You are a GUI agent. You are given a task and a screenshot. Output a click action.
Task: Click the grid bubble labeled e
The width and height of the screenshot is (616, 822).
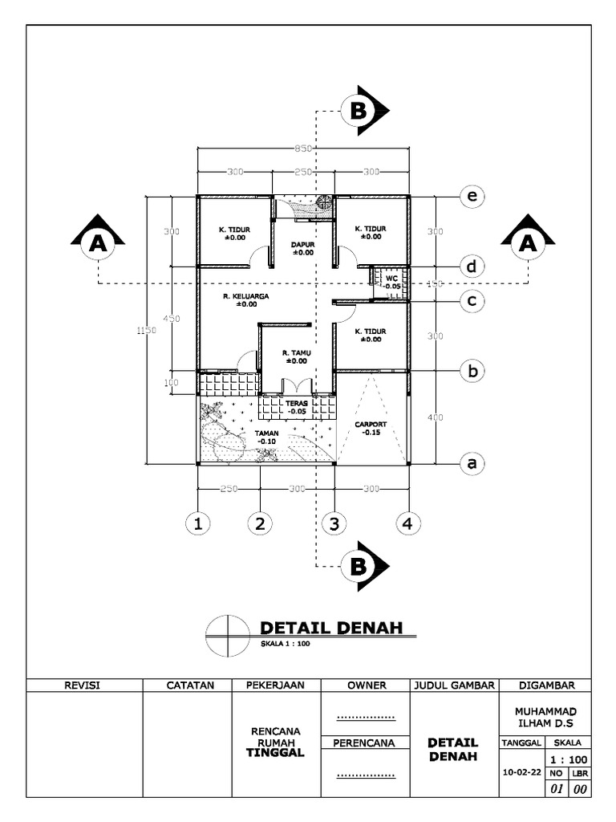click(473, 196)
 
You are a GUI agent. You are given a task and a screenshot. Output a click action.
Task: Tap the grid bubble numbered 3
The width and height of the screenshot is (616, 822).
click(334, 524)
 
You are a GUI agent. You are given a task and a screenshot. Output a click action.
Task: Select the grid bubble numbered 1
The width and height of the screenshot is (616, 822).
click(197, 524)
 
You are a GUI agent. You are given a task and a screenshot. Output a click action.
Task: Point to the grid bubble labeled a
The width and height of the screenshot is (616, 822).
click(473, 463)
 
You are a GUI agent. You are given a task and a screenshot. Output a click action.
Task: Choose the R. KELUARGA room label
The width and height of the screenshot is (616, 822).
click(246, 295)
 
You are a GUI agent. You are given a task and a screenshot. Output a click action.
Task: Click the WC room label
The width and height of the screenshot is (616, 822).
click(391, 279)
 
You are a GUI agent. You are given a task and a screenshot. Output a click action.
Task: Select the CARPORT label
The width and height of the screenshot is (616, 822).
click(370, 424)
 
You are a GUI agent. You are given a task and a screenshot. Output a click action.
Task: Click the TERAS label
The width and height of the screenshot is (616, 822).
click(296, 403)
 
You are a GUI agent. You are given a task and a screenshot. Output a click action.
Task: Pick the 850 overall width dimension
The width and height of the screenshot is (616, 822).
click(303, 149)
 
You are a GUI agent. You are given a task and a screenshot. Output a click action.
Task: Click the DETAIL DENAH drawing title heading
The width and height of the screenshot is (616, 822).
click(330, 627)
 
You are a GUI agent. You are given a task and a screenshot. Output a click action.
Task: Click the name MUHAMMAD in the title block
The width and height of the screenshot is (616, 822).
click(545, 711)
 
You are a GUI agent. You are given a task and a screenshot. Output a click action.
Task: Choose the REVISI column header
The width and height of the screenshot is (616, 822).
click(84, 685)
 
